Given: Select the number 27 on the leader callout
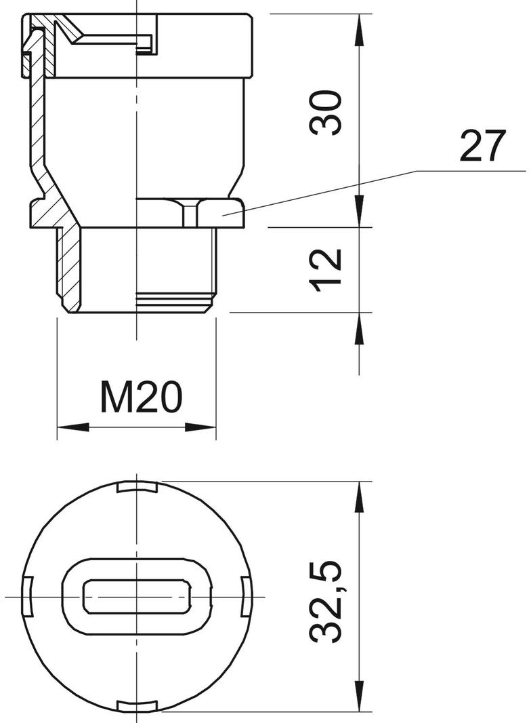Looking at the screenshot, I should tap(482, 146).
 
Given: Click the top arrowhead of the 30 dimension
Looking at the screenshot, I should tap(358, 27).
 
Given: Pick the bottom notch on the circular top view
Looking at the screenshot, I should tap(138, 707).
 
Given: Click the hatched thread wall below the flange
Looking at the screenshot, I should tap(69, 268).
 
